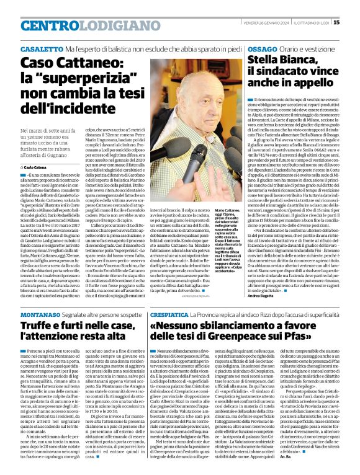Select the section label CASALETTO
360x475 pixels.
click(41, 48)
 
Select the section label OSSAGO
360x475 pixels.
click(261, 48)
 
